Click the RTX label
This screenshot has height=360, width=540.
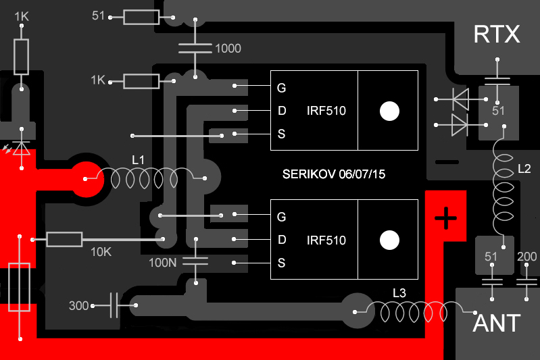point(497,34)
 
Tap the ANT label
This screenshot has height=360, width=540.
point(497,323)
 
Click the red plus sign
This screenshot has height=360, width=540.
point(445,217)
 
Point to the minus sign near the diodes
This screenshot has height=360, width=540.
point(446,162)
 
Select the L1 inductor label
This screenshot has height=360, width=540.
point(139,160)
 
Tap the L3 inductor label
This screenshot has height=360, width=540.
point(400,292)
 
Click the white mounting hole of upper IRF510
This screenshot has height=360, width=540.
point(389,111)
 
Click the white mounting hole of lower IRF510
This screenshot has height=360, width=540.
point(389,240)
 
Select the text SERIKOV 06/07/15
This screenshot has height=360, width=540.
point(334,175)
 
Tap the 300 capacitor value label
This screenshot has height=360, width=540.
point(79,306)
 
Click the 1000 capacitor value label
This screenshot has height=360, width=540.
point(228,49)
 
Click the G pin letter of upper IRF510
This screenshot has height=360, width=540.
point(281,88)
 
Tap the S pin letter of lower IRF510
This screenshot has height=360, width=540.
point(281,262)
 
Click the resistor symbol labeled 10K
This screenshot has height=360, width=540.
point(64,238)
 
